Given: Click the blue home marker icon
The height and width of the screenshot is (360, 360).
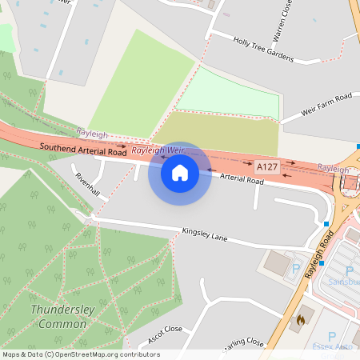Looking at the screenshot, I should tap(180, 173).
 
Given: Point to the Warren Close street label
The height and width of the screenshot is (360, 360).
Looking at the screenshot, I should tap(286, 18).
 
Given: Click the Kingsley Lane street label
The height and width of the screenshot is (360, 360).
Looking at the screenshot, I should tap(205, 236).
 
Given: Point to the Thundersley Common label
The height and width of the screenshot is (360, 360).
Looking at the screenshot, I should tap(58, 316).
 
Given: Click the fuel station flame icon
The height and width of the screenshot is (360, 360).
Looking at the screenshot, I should tap(301, 319).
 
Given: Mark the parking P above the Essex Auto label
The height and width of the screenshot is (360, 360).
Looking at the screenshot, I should tap(331, 337).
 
